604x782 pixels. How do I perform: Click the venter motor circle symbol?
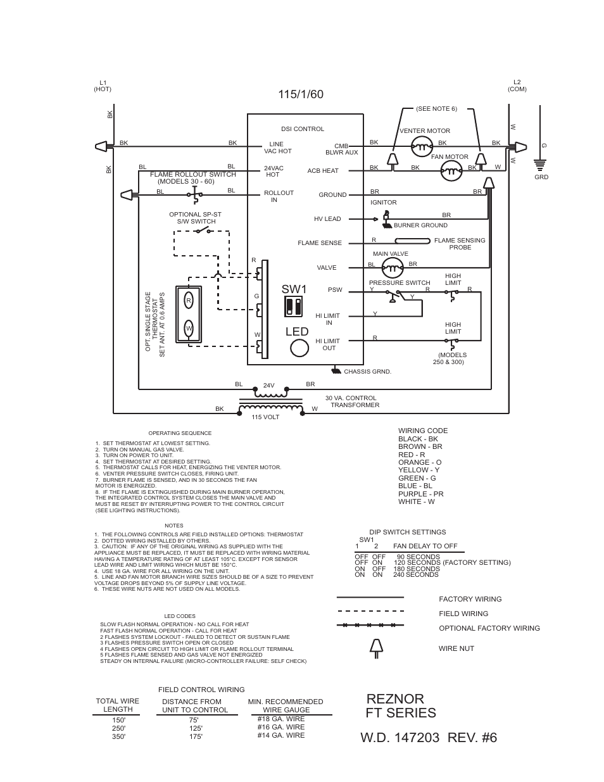[421, 147]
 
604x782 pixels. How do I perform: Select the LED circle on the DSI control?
[299, 348]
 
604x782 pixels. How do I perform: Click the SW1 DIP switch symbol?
[293, 306]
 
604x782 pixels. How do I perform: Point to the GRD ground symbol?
[540, 165]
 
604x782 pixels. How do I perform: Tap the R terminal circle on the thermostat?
[189, 300]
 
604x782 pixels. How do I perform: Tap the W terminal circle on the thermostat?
[189, 328]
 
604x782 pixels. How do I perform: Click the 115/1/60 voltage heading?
[301, 94]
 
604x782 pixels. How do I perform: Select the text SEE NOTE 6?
[436, 109]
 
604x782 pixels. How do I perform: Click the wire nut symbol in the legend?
[376, 646]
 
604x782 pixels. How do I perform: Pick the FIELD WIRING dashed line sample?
[370, 612]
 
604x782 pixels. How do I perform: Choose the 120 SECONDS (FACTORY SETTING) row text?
[451, 562]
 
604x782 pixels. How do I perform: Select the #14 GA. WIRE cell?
[280, 735]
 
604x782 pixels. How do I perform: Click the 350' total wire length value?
[118, 736]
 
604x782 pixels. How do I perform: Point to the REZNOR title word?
[395, 698]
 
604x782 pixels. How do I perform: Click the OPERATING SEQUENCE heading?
[180, 433]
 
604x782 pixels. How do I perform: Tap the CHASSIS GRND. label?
[367, 372]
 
